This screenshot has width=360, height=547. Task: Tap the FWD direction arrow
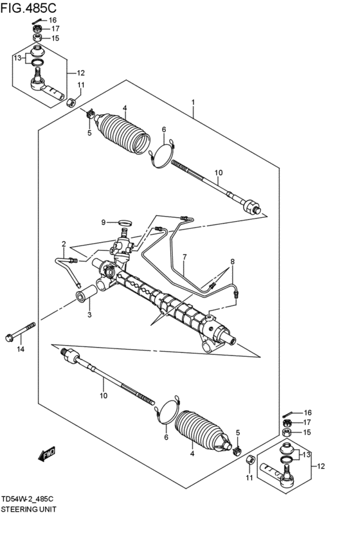pyautogui.click(x=46, y=454)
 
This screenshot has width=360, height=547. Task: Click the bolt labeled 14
pyautogui.click(x=21, y=332)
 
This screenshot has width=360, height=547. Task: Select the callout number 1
pyautogui.click(x=193, y=102)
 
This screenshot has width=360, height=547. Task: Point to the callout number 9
pyautogui.click(x=104, y=222)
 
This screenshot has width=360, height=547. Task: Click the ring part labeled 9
pyautogui.click(x=125, y=222)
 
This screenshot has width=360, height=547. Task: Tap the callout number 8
pyautogui.click(x=232, y=262)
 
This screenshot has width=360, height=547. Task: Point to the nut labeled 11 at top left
pyautogui.click(x=71, y=103)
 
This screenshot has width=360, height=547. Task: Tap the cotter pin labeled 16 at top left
pyautogui.click(x=39, y=21)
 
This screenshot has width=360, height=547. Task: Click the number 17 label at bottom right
pyautogui.click(x=307, y=422)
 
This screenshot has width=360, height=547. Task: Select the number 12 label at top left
pyautogui.click(x=81, y=73)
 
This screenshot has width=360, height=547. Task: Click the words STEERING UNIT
pyautogui.click(x=28, y=509)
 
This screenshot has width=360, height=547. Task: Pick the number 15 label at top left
pyautogui.click(x=55, y=39)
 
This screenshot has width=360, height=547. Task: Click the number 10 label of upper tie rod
pyautogui.click(x=219, y=172)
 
